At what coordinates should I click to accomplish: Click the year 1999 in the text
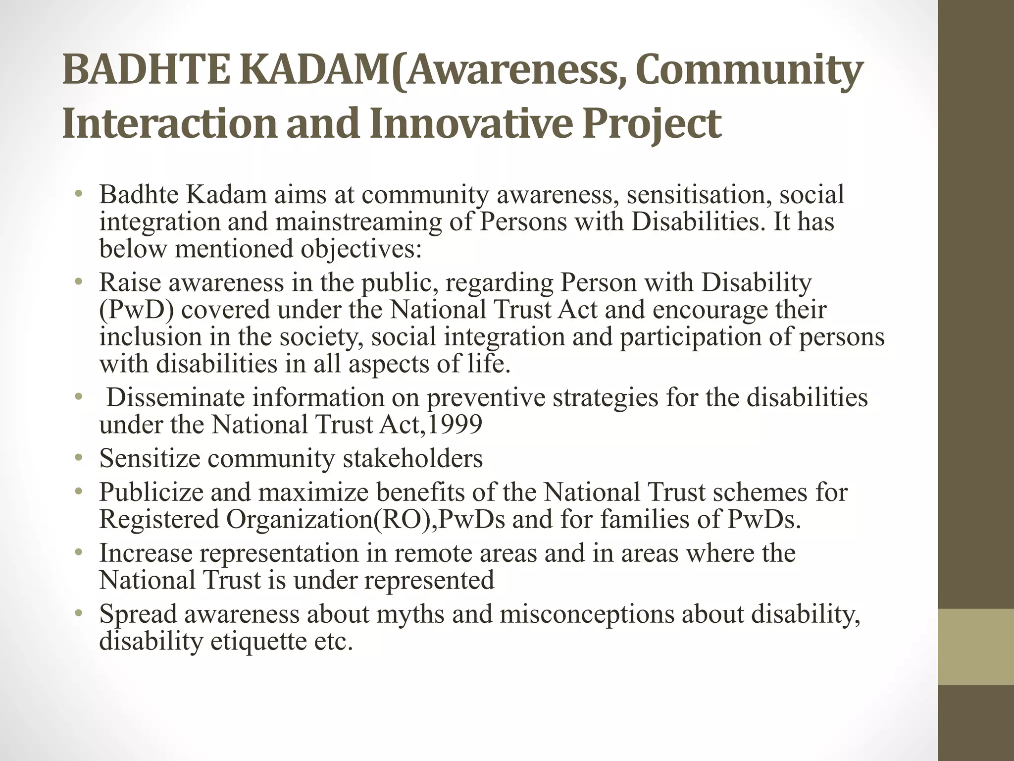[454, 425]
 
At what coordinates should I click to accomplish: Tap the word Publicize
[151, 492]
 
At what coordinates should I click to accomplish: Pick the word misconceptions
[587, 614]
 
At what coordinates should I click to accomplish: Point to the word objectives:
[361, 249]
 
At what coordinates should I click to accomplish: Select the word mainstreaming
[358, 221]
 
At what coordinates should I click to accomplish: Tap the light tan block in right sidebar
[975, 647]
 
